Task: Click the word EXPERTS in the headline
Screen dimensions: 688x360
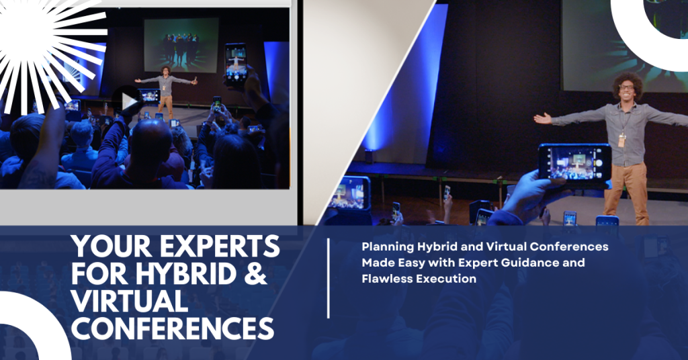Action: [x=220, y=246]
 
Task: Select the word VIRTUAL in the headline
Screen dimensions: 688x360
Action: [x=130, y=301]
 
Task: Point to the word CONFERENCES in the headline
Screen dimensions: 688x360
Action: [x=173, y=328]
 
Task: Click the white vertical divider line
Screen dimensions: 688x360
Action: [x=328, y=278]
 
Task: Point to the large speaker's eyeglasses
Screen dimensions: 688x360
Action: [x=626, y=88]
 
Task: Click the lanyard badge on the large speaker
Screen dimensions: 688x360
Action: [x=621, y=140]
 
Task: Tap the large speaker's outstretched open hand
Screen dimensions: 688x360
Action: [x=543, y=118]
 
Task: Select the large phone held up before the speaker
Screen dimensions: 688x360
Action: [x=575, y=163]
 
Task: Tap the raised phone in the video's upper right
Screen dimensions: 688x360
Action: [x=236, y=64]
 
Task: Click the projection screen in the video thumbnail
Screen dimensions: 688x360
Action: [x=181, y=45]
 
